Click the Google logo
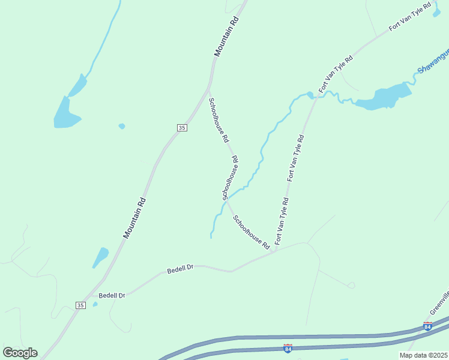[x=20, y=353]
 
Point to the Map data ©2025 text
[x=423, y=355]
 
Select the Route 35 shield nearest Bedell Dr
[x=80, y=305]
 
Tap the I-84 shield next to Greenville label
[x=427, y=326]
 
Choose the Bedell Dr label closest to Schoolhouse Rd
[x=179, y=269]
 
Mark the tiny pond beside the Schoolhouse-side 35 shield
[x=122, y=126]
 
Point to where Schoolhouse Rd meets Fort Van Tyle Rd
[x=274, y=251]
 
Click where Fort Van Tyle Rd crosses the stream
[x=315, y=96]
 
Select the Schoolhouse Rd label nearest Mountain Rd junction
[x=218, y=120]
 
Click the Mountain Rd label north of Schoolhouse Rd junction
[x=227, y=37]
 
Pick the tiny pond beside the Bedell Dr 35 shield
[x=95, y=304]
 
